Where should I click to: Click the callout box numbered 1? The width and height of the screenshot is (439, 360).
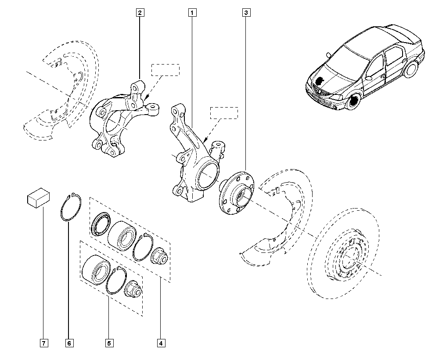click(192, 13)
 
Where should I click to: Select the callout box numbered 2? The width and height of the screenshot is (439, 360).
click(139, 13)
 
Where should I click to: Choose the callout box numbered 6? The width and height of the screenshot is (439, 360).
click(69, 342)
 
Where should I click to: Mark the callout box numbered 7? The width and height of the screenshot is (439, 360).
click(43, 342)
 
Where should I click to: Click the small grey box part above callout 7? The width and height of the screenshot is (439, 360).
click(38, 198)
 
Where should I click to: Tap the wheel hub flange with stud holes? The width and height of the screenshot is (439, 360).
click(237, 192)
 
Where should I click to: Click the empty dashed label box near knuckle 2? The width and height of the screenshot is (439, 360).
click(166, 70)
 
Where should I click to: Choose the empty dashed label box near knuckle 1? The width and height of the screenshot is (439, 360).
click(224, 113)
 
